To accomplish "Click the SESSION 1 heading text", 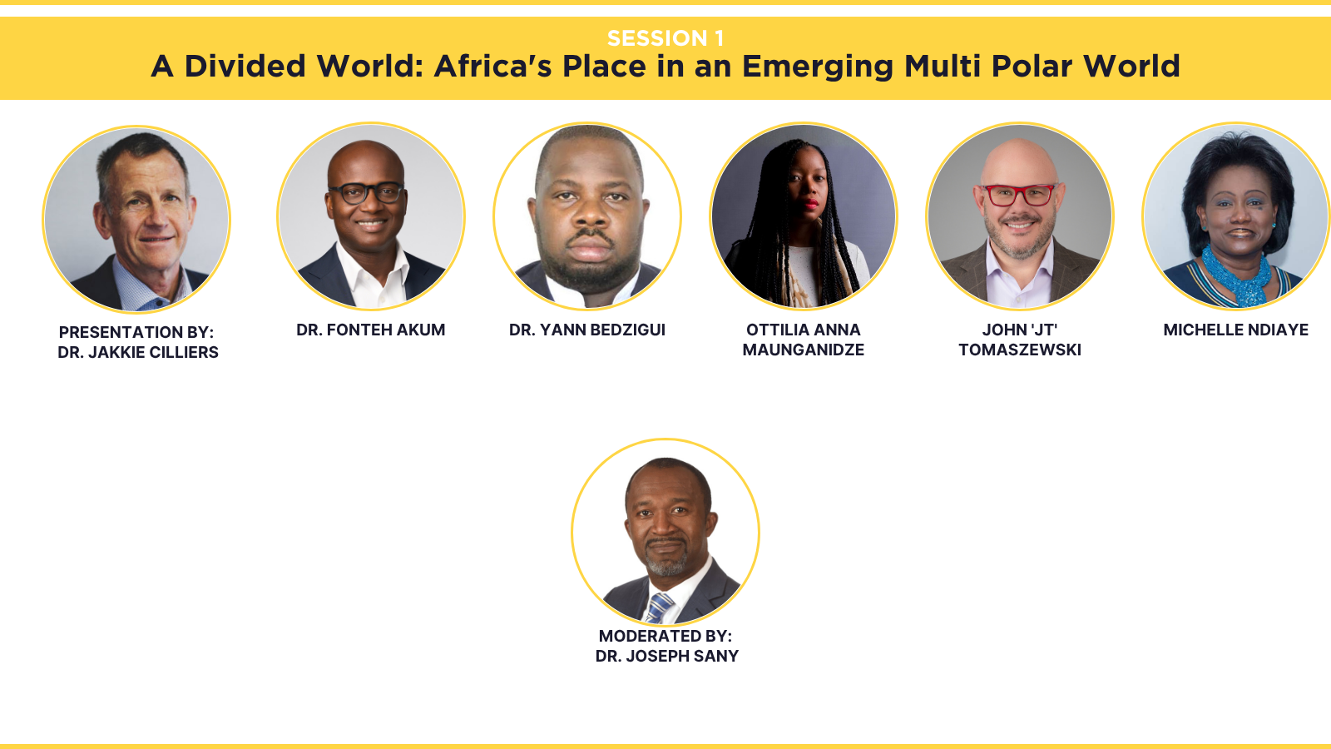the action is click(x=665, y=38).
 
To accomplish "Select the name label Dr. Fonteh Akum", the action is click(x=371, y=330).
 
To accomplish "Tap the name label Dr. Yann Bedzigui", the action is click(x=587, y=330).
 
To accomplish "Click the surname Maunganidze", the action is click(x=804, y=350).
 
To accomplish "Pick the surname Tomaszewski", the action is click(x=1020, y=350).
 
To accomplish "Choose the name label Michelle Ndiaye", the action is click(x=1236, y=330).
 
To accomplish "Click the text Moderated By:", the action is click(x=665, y=636).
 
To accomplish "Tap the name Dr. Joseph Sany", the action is click(x=666, y=657).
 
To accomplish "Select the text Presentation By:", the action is click(x=136, y=332).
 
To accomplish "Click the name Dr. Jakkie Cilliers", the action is click(x=138, y=353).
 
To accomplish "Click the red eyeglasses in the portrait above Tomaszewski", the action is click(x=1019, y=195).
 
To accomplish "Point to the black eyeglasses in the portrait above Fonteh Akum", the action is click(x=366, y=193).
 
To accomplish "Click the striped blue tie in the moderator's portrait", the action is click(x=660, y=608).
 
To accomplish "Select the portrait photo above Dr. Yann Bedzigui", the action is click(x=587, y=216).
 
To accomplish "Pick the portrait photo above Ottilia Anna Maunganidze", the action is click(x=804, y=216).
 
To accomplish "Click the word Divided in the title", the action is click(x=245, y=66).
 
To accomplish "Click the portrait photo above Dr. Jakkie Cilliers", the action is click(x=136, y=219).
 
